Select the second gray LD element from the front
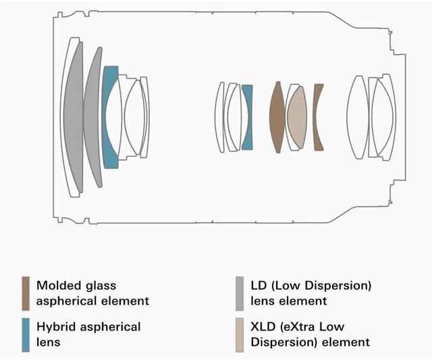click(x=94, y=116)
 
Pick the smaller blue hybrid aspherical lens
click(x=248, y=116)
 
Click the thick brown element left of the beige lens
click(x=276, y=117)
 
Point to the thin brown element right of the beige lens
click(x=318, y=117)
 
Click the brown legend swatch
click(x=26, y=292)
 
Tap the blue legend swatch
click(x=26, y=334)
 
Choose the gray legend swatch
click(x=239, y=292)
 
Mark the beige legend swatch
click(x=239, y=334)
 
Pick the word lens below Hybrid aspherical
click(x=49, y=342)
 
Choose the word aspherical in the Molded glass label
click(x=69, y=300)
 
